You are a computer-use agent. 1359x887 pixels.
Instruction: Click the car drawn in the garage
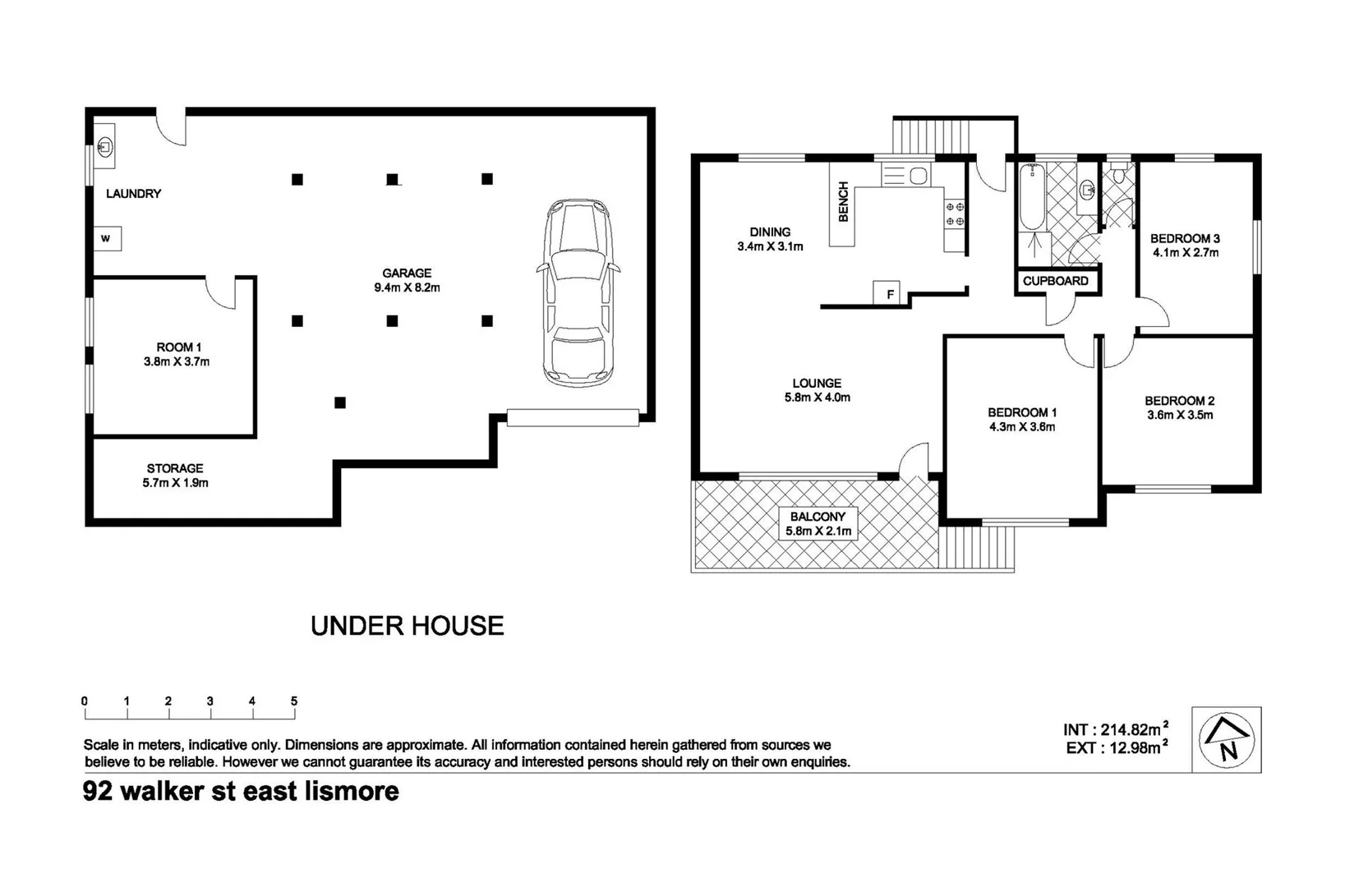pyautogui.click(x=578, y=292)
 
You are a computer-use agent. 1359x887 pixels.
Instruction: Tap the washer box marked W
pyautogui.click(x=107, y=239)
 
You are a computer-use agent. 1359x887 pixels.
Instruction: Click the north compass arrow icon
pyautogui.click(x=1226, y=739)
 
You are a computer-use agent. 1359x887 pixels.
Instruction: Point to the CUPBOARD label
pyautogui.click(x=1055, y=281)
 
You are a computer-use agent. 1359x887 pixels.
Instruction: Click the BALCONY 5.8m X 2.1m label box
pyautogui.click(x=818, y=524)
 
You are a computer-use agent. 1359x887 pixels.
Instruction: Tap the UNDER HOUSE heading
pyautogui.click(x=407, y=626)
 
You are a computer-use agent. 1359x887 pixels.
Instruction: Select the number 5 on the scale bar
pyautogui.click(x=293, y=701)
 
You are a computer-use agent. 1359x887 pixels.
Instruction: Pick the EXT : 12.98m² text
pyautogui.click(x=1115, y=747)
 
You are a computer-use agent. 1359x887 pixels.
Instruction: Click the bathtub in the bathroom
pyautogui.click(x=1031, y=197)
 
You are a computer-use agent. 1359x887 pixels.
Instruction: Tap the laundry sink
pyautogui.click(x=104, y=147)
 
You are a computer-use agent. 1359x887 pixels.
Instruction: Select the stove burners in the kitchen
pyautogui.click(x=955, y=214)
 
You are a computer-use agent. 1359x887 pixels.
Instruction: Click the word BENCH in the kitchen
pyautogui.click(x=843, y=202)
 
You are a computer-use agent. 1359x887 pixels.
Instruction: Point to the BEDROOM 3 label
pyautogui.click(x=1185, y=238)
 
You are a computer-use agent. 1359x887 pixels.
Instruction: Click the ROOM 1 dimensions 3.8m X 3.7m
pyautogui.click(x=177, y=361)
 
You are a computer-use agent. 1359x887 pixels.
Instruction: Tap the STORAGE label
pyautogui.click(x=175, y=468)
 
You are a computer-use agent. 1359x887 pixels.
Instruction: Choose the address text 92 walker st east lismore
pyautogui.click(x=241, y=792)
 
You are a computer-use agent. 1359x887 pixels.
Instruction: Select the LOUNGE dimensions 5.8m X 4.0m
pyautogui.click(x=817, y=398)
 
